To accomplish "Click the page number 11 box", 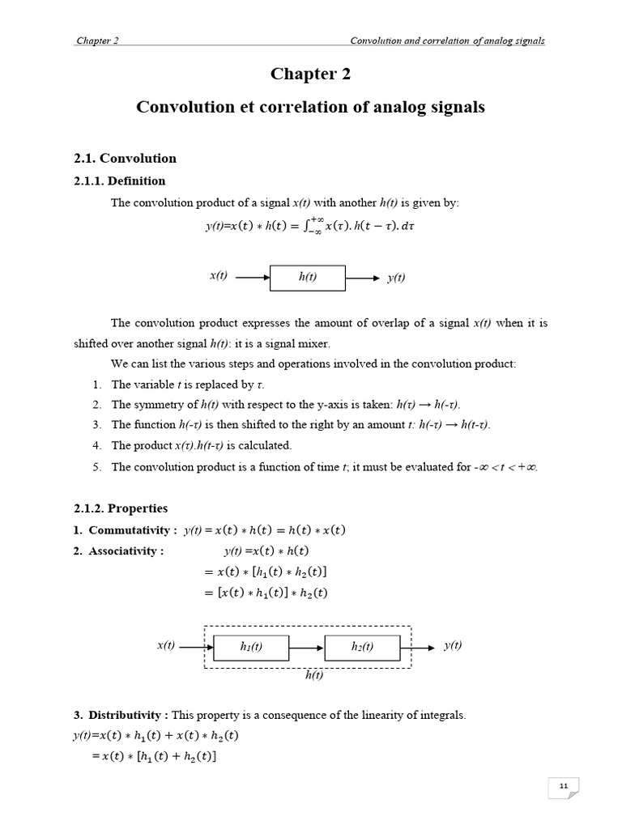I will [x=564, y=787].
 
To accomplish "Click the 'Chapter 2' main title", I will [x=310, y=74].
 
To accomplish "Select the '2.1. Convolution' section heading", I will [x=124, y=158].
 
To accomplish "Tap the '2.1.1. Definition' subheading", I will [x=119, y=181].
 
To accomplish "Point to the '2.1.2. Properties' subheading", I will [x=121, y=508].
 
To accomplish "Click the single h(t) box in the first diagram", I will [x=308, y=277].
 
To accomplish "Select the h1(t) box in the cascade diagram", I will [x=251, y=647].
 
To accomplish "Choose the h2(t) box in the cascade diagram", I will [x=362, y=647].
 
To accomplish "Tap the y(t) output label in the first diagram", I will [x=396, y=278].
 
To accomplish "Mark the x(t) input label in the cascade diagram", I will [x=166, y=645].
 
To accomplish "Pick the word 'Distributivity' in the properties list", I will [x=127, y=715].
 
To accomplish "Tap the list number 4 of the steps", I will [x=96, y=445].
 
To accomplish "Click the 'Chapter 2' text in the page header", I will [x=98, y=41].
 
